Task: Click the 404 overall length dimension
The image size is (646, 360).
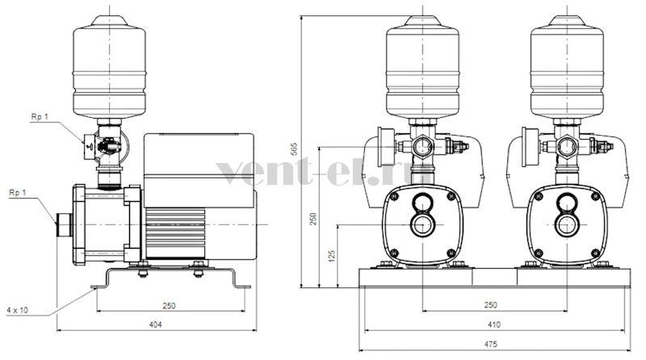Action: coord(155,324)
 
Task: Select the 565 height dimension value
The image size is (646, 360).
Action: coord(294,149)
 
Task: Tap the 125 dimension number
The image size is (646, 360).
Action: coord(332,255)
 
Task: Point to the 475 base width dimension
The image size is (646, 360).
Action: coord(490,344)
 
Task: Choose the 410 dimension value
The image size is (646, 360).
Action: coord(493,324)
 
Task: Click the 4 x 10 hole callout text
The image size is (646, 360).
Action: coord(17,310)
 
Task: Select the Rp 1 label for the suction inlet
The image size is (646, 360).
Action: coord(17,192)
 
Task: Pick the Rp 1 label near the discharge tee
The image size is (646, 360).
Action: coord(40,117)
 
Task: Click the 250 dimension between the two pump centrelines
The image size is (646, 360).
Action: coord(490,305)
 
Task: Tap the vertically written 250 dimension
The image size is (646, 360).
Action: coord(313,219)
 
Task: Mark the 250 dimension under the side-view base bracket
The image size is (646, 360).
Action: coord(169,305)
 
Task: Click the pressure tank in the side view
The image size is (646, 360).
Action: coord(109,67)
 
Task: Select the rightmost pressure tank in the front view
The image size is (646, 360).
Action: coord(568,67)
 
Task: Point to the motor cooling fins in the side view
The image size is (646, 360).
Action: coord(174,233)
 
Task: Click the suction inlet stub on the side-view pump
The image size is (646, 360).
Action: coord(65,224)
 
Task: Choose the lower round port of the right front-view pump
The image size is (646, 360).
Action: coord(568,225)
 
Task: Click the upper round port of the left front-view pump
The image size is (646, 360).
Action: coord(422,203)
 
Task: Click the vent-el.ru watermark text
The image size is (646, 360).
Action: coord(325,173)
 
